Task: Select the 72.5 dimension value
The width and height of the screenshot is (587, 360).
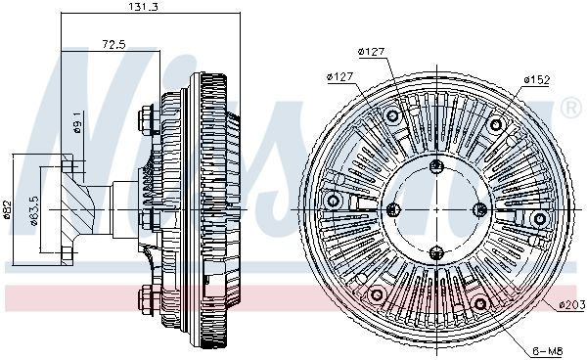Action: [x=113, y=45]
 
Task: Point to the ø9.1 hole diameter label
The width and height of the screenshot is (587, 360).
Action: [x=77, y=122]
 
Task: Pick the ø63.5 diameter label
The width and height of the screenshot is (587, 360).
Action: [x=34, y=211]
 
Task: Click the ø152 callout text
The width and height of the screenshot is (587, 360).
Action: [x=536, y=79]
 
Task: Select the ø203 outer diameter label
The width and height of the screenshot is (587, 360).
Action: [x=571, y=305]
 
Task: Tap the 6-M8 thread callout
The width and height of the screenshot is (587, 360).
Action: [x=548, y=351]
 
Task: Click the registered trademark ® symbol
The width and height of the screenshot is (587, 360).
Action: [x=571, y=108]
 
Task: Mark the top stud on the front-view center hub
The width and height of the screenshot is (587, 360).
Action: [x=436, y=165]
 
